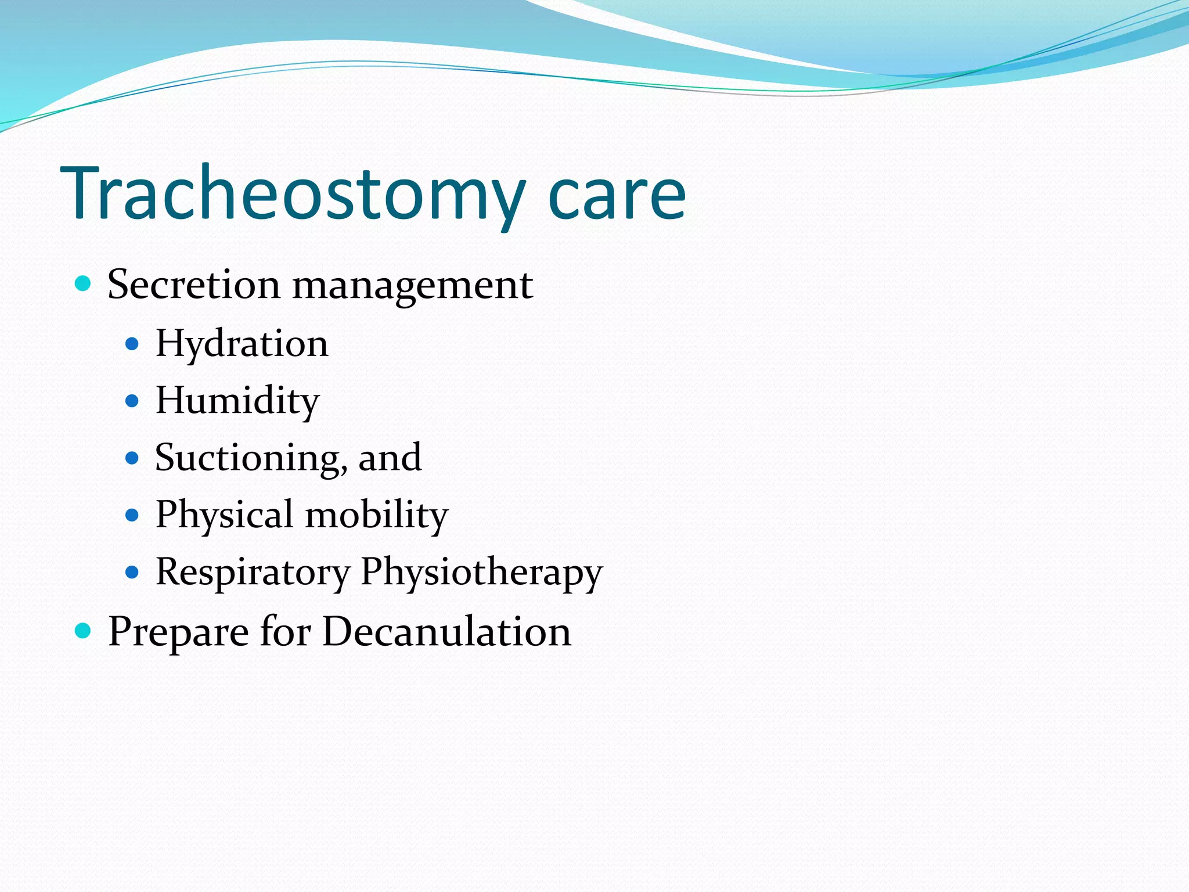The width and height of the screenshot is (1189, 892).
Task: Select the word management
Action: tap(412, 286)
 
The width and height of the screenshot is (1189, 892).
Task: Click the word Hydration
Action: tap(242, 344)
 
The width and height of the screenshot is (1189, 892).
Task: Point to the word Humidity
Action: tap(237, 401)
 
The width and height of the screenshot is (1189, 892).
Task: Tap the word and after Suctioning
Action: tap(390, 458)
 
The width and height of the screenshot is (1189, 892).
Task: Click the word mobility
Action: tap(377, 515)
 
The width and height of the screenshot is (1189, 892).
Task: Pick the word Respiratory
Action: tap(253, 573)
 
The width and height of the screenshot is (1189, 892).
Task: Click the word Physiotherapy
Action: tap(481, 573)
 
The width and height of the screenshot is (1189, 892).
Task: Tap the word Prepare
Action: tap(178, 632)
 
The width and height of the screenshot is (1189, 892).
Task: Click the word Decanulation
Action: tap(446, 631)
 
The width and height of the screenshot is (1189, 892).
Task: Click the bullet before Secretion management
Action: tap(84, 284)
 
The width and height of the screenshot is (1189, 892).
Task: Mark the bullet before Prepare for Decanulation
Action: tap(84, 630)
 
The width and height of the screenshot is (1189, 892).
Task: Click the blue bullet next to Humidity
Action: tap(132, 401)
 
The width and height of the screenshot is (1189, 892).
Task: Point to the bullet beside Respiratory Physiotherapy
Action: tap(132, 573)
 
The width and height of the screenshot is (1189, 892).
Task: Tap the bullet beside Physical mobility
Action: tap(132, 515)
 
